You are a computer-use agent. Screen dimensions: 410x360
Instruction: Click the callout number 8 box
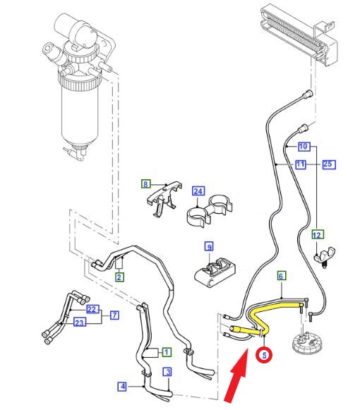[146, 185]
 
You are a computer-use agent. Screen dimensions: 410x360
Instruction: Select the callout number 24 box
[198, 191]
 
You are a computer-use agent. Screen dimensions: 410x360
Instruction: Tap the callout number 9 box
[208, 246]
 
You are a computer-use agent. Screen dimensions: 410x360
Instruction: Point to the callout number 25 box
[328, 164]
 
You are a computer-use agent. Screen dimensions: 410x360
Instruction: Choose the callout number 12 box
[316, 234]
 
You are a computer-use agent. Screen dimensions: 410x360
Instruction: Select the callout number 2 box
[119, 277]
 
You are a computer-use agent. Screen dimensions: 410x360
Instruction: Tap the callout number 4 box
[122, 386]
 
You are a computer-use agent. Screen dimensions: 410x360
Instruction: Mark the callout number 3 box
[167, 371]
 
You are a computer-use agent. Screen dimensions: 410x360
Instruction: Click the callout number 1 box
[166, 351]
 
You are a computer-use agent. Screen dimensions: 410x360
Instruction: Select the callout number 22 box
[91, 309]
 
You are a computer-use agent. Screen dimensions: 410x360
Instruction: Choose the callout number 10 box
[303, 147]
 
